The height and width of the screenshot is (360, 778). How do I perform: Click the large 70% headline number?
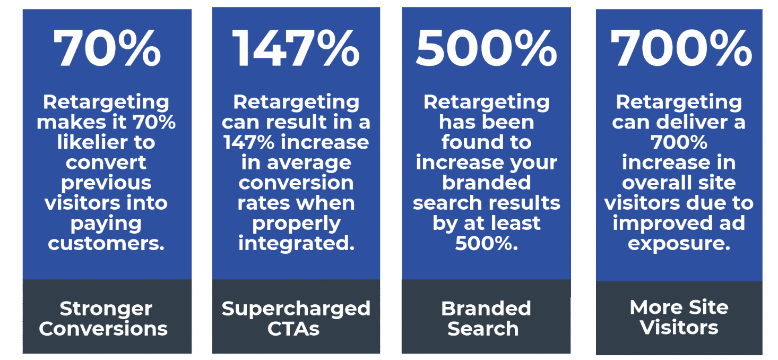click(107, 48)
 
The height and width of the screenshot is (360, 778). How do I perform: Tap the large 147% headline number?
click(296, 48)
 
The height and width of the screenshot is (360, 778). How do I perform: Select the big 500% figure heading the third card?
click(486, 48)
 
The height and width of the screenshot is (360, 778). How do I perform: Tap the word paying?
click(106, 224)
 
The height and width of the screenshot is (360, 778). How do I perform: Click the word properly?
click(296, 224)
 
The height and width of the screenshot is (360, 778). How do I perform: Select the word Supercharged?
click(296, 308)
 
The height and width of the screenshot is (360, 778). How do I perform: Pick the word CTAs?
click(293, 329)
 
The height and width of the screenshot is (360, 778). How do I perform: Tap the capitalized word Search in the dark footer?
click(482, 329)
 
